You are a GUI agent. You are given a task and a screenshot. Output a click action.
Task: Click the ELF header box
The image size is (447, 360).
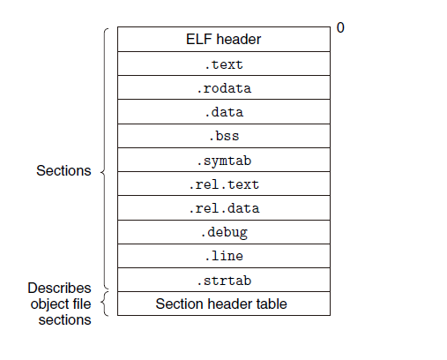pos(224,39)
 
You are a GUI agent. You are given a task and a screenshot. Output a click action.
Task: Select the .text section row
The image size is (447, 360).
pos(224,64)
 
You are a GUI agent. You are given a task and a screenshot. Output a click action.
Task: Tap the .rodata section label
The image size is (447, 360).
pos(224,88)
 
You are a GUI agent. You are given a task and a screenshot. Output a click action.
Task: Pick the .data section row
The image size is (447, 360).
pos(224,111)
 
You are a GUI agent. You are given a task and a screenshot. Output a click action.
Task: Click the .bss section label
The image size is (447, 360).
pos(224,136)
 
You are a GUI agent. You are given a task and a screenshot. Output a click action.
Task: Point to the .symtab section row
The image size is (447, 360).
pos(224,160)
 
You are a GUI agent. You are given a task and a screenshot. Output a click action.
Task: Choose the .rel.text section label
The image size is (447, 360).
pos(224,184)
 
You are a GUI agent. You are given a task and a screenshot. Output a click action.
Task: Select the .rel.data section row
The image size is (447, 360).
pos(224,207)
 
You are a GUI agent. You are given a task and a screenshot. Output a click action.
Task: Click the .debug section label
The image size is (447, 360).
pos(224,233)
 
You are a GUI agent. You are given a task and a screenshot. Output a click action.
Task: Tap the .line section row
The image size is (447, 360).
pos(224,256)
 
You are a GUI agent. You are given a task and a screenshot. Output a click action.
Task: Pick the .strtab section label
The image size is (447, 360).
pos(224,281)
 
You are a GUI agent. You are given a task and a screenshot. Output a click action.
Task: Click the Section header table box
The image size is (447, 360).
pos(224,304)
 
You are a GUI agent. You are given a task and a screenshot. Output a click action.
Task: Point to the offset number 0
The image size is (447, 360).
pos(340,27)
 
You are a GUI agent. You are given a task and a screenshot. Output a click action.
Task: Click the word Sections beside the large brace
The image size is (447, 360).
pos(63,170)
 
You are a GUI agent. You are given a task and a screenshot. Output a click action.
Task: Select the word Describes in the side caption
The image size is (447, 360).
pos(59,288)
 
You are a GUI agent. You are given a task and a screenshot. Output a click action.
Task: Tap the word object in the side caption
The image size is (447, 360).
pos(48,304)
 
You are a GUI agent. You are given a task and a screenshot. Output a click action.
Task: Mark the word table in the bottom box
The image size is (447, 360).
pos(271,304)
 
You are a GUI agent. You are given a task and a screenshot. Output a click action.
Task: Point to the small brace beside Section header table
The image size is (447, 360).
pos(104,304)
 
